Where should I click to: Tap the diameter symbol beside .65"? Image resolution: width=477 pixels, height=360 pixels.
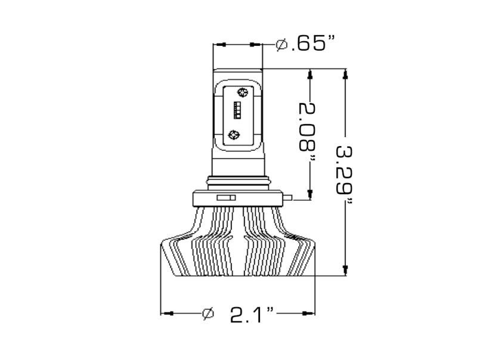[282, 44]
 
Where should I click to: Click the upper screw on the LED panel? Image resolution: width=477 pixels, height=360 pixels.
[242, 92]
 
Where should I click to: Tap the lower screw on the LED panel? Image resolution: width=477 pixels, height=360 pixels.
[234, 134]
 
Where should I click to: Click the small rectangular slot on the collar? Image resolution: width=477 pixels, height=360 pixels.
[226, 197]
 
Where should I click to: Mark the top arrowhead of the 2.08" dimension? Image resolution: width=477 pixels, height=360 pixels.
[310, 75]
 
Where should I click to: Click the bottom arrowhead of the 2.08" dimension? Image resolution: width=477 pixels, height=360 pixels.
[310, 193]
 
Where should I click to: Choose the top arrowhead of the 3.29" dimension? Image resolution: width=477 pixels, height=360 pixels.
[344, 75]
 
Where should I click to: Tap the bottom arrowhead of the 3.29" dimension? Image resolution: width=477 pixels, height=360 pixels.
[344, 271]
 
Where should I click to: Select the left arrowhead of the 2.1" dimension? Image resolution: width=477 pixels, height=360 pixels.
[168, 313]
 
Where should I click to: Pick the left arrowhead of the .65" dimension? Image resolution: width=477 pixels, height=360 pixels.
[219, 44]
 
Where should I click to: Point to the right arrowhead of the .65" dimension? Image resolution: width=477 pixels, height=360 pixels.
[257, 44]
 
